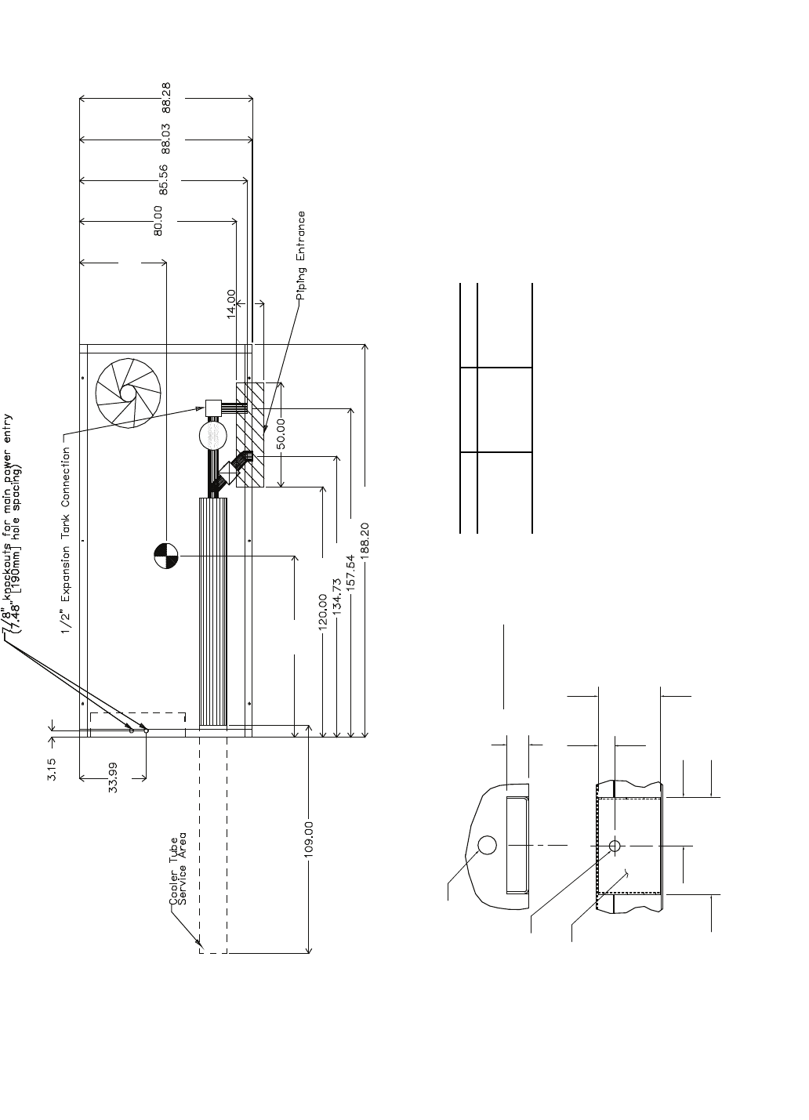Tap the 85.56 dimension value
tap(164, 179)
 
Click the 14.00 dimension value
tap(231, 303)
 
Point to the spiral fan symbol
tap(128, 392)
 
